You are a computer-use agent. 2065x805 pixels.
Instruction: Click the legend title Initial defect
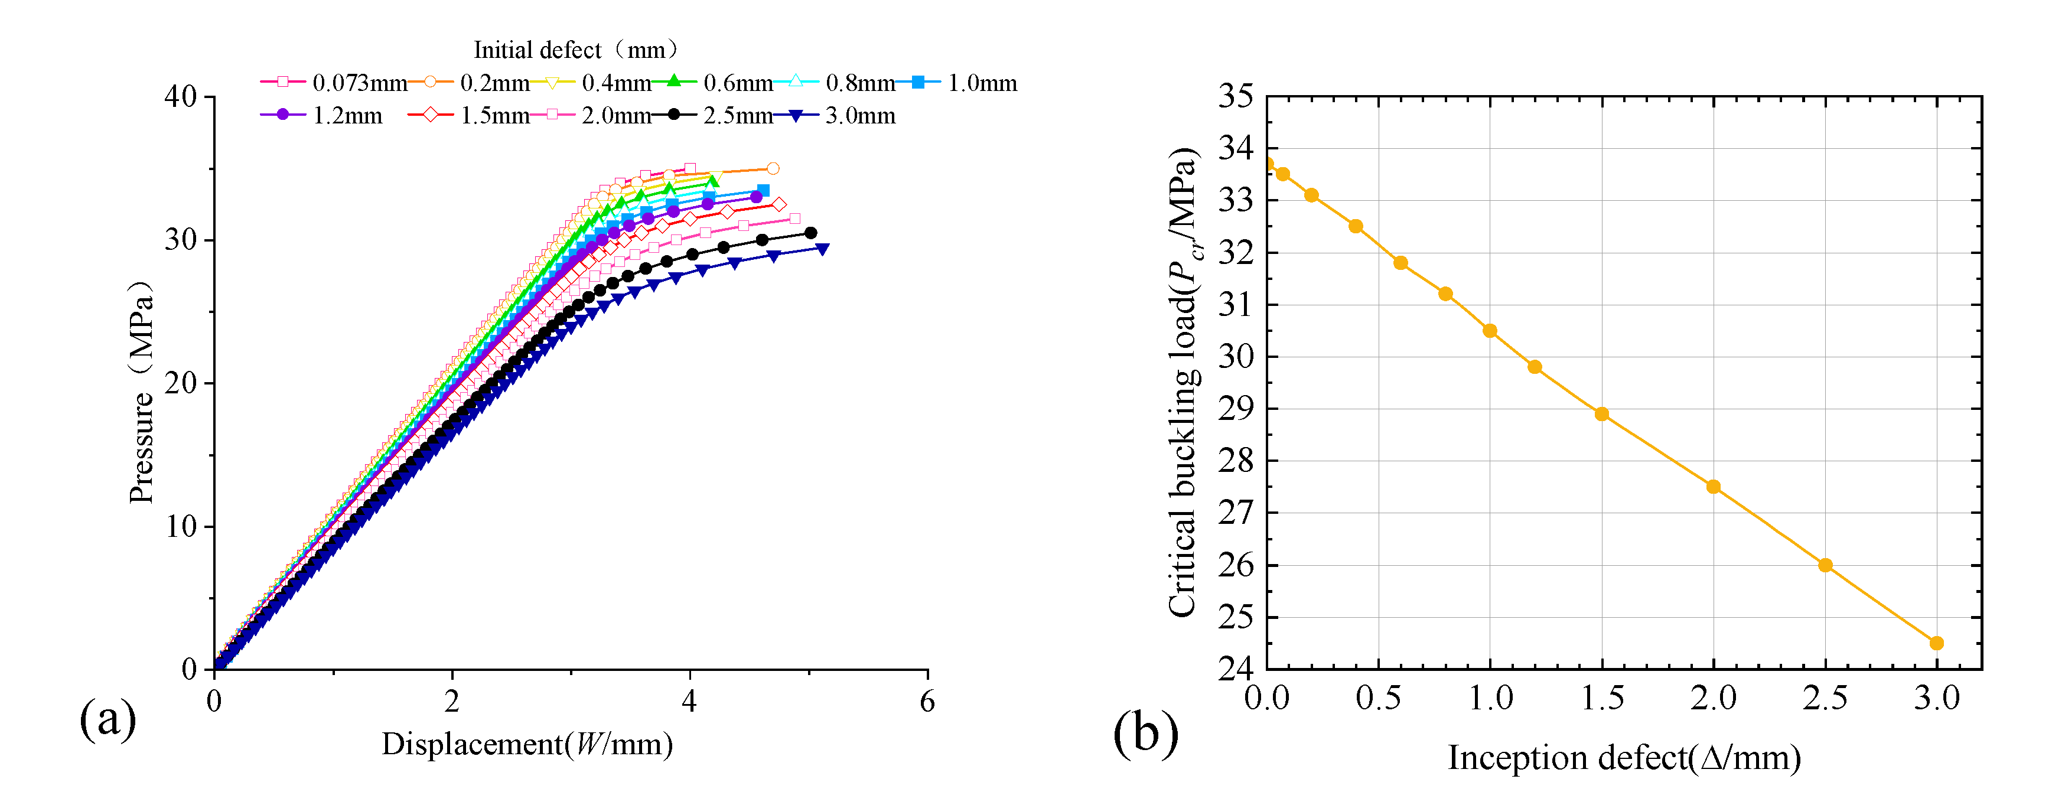pyautogui.click(x=575, y=50)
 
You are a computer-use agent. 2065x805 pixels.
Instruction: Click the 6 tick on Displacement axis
pyautogui.click(x=927, y=702)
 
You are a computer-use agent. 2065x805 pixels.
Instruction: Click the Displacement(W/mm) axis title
pyautogui.click(x=527, y=744)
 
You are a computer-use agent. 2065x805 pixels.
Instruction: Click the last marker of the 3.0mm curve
pyautogui.click(x=822, y=249)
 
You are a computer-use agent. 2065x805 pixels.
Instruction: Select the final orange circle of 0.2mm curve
pyautogui.click(x=773, y=168)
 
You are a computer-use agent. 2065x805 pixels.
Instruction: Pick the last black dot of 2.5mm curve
pyautogui.click(x=810, y=233)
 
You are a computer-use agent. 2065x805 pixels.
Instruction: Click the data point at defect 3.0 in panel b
pyautogui.click(x=1937, y=643)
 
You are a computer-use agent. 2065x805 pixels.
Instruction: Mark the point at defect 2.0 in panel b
pyautogui.click(x=1713, y=487)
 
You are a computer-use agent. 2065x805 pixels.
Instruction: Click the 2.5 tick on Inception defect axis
pyautogui.click(x=1825, y=698)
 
